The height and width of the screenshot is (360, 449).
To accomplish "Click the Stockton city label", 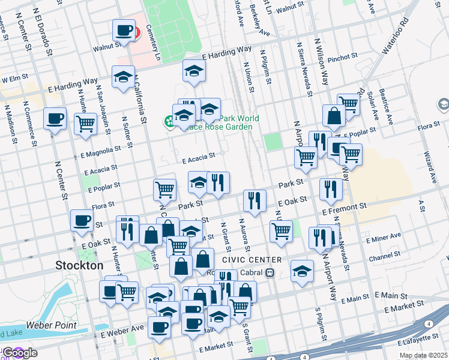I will coord(79,265).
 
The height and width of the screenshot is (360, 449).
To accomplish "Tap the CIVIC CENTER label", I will coord(251,260).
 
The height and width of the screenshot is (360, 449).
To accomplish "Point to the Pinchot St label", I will coord(343,56).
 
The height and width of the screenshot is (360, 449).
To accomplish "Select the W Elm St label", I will coord(15,79).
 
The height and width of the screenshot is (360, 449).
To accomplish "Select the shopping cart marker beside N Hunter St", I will coord(85,124).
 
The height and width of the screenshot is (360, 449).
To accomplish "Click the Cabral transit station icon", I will coord(270,273).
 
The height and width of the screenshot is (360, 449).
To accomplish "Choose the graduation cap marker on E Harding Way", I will coord(123,77).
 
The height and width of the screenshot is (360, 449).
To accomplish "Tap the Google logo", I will coord(19,353).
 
